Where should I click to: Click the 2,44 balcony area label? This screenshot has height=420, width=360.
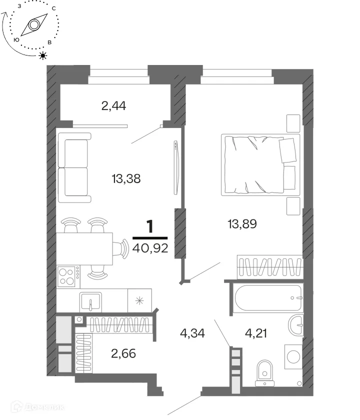113,106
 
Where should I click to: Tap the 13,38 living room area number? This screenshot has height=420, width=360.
126,178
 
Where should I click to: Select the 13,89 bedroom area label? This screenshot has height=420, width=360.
242,223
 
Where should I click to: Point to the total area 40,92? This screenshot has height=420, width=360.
150,248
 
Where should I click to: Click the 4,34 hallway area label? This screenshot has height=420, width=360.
192,333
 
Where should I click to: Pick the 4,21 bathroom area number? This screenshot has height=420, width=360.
256,333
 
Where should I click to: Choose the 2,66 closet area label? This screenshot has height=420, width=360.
123,353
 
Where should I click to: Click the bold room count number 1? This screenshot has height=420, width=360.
150,226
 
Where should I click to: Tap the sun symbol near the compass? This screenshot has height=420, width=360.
43,55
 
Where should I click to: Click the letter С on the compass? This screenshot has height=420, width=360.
54,8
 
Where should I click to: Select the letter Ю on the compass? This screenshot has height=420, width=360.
16,40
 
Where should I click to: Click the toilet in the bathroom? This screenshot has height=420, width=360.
264,373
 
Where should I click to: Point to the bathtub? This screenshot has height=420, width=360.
268,297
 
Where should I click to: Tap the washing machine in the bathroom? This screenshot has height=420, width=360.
293,356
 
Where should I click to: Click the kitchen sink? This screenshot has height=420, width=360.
91,301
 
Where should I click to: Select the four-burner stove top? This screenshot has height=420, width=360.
66,276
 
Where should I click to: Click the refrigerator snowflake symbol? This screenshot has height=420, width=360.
139,301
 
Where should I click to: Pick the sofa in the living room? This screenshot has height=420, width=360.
74,167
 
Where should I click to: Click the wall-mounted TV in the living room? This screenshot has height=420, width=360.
175,167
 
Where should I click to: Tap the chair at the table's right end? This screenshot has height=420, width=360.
121,249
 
